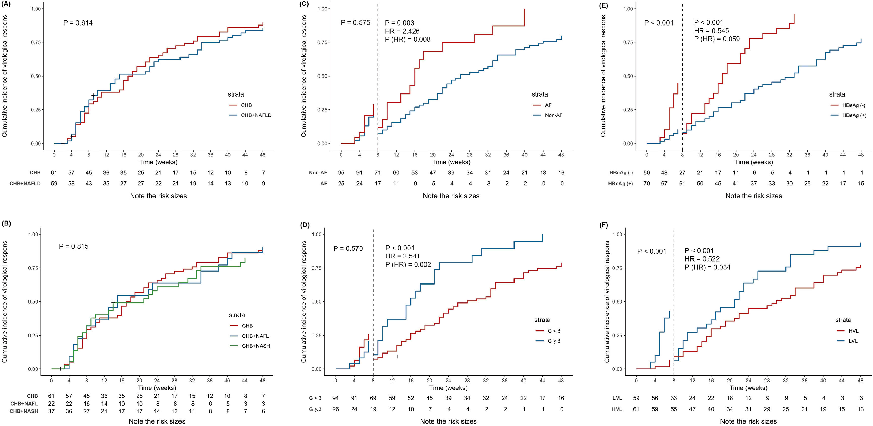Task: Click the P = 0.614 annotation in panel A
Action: [78, 23]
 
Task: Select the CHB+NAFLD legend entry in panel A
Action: [256, 115]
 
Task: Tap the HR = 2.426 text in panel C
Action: [402, 31]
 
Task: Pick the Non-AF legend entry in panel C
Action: [553, 115]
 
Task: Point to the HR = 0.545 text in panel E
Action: [711, 31]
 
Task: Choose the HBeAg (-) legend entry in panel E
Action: [854, 105]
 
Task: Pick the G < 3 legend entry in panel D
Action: [554, 331]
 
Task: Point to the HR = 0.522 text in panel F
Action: [702, 259]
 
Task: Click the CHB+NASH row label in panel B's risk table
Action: [24, 411]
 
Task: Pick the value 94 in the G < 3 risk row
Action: [336, 398]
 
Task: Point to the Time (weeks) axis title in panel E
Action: [753, 162]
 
